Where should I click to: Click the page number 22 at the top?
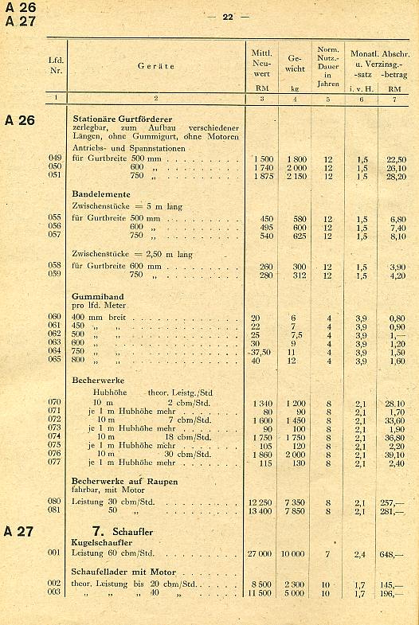[x=227, y=16]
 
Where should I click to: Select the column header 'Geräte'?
[x=156, y=66]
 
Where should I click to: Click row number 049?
[x=55, y=158]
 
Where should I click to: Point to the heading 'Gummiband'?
[x=98, y=295]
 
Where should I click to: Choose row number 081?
[x=55, y=510]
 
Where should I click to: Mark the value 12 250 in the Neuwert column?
[x=261, y=502]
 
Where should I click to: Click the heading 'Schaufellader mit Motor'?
[x=123, y=572]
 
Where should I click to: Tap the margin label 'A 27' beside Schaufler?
[x=20, y=531]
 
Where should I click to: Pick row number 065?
[x=55, y=360]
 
